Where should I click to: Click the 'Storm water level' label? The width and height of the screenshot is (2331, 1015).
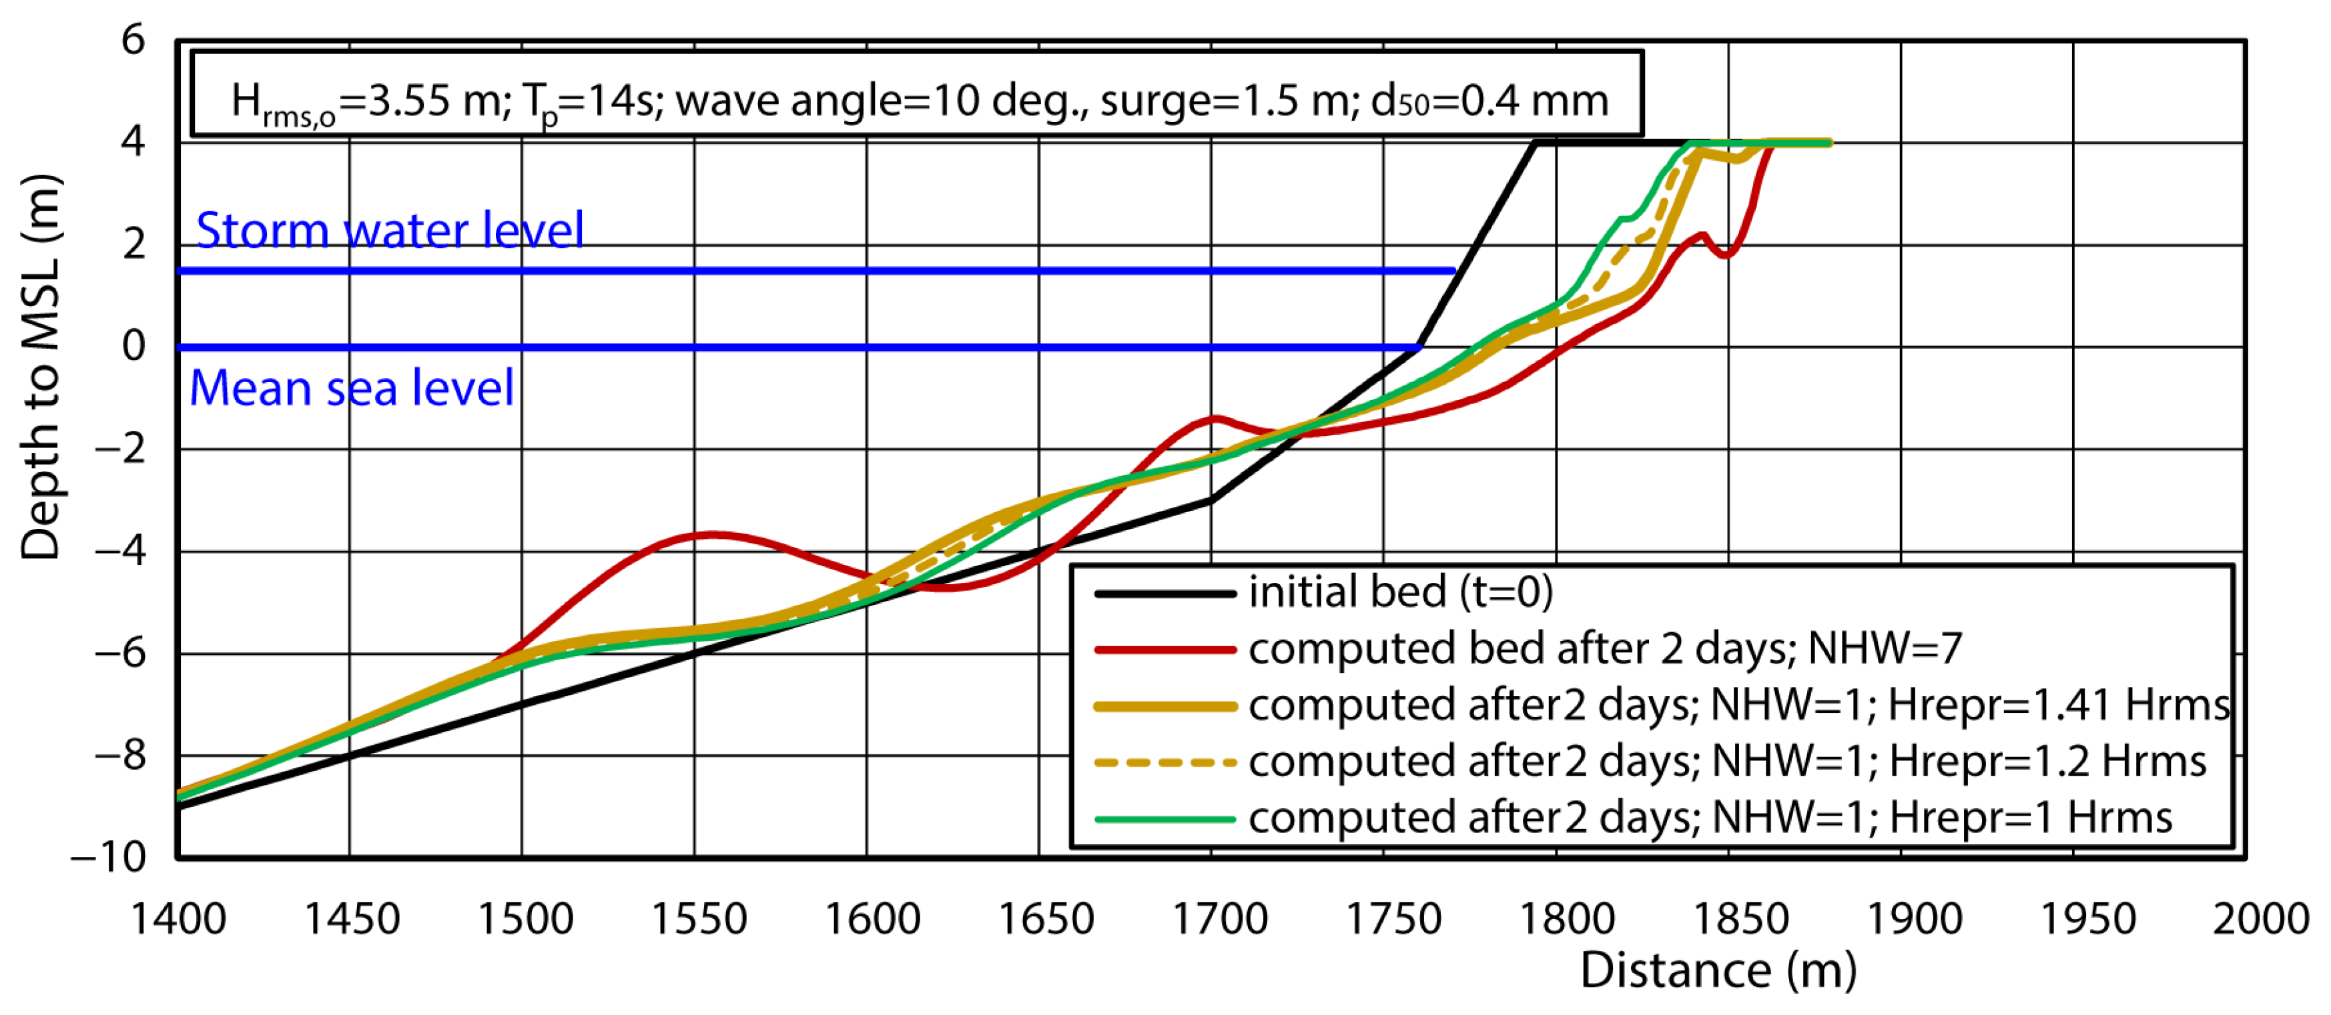[389, 230]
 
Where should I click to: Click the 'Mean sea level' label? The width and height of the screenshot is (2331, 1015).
[351, 388]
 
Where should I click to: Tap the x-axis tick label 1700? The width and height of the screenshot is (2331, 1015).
[1219, 919]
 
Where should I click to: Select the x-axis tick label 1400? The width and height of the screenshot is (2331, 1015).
[178, 919]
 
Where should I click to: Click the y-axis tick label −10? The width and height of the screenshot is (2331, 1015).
[109, 856]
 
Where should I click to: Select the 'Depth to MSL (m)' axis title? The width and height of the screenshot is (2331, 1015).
[41, 366]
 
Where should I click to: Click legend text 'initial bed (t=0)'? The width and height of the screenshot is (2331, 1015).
[1400, 593]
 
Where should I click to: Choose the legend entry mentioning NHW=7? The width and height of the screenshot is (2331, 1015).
[1604, 649]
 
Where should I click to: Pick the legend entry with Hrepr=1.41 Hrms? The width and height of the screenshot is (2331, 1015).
[1737, 705]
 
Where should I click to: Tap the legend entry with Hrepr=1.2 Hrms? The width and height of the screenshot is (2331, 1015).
[1726, 762]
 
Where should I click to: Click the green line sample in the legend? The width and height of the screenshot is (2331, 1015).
[1164, 820]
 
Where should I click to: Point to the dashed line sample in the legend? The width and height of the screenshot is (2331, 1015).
[1164, 763]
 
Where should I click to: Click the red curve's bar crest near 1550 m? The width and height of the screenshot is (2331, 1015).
[713, 535]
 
